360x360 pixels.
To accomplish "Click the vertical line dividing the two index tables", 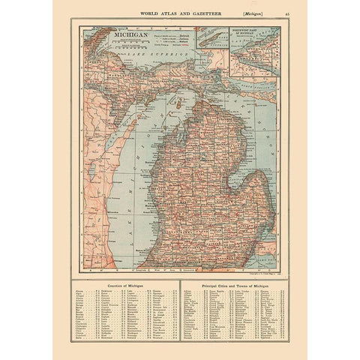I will click(x=180, y=315).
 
